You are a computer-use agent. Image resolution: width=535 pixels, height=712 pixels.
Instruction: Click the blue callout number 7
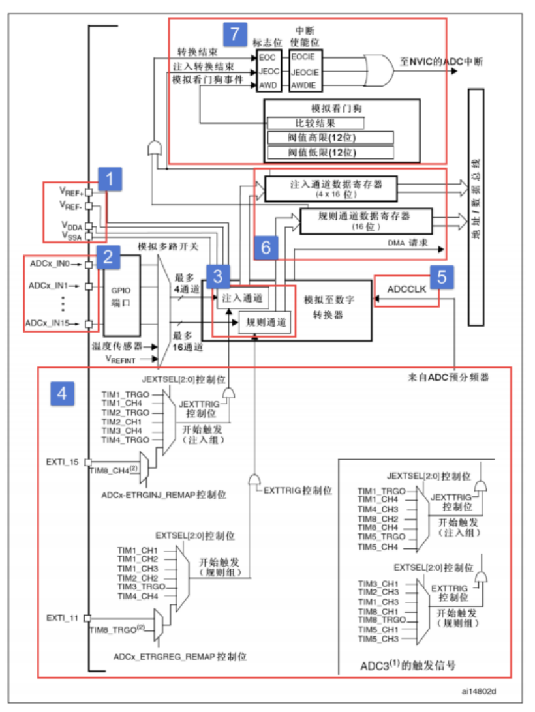[234, 34]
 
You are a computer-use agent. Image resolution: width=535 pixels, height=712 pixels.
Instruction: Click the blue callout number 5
[442, 276]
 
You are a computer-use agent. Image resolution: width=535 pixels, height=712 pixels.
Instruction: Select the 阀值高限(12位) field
[330, 138]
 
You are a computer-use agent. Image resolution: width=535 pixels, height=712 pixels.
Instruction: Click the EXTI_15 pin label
[63, 462]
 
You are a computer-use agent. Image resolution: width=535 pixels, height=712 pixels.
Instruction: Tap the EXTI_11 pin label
[63, 616]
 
